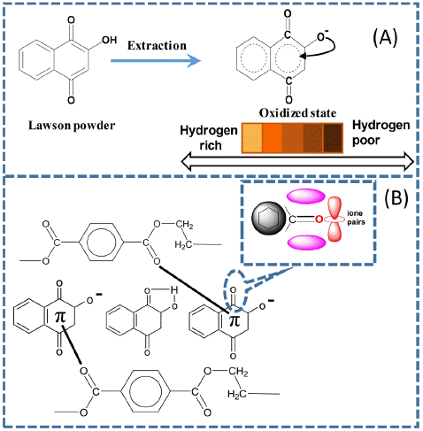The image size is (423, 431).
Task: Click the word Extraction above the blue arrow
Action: pyautogui.click(x=157, y=46)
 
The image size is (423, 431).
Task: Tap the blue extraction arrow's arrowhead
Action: pyautogui.click(x=195, y=61)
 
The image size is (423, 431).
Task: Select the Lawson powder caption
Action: pyautogui.click(x=72, y=126)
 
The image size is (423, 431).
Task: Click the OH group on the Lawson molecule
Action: pyautogui.click(x=110, y=40)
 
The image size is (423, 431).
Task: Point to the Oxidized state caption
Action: pyautogui.click(x=297, y=113)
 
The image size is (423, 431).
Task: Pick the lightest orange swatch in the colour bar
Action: pyautogui.click(x=252, y=138)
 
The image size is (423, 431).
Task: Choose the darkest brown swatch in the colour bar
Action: pyautogui.click(x=334, y=138)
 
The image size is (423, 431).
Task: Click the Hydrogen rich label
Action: pyautogui.click(x=209, y=138)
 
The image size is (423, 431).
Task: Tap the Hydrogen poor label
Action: pyautogui.click(x=381, y=133)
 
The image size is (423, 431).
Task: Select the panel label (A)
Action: pyautogui.click(x=385, y=38)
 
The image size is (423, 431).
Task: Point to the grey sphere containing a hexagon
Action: pyautogui.click(x=268, y=219)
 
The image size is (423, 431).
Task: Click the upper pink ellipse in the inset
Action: pyautogui.click(x=306, y=196)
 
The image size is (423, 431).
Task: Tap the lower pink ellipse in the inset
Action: pyautogui.click(x=307, y=242)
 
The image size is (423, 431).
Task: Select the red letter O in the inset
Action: pyautogui.click(x=319, y=219)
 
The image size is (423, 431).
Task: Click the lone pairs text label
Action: pyautogui.click(x=356, y=218)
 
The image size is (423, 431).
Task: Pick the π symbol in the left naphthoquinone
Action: pyautogui.click(x=60, y=317)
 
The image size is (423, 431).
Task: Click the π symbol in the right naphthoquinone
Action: pyautogui.click(x=235, y=319)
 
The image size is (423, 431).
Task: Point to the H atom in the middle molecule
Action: pyautogui.click(x=174, y=290)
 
